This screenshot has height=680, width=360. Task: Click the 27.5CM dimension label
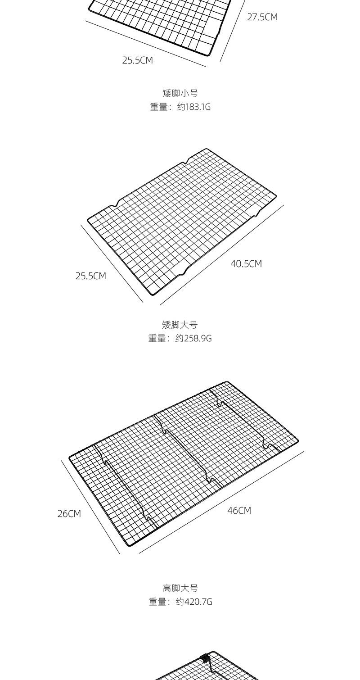pyautogui.click(x=262, y=18)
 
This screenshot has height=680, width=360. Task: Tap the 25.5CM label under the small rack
pyautogui.click(x=138, y=60)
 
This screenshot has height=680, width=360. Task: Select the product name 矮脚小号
pyautogui.click(x=180, y=93)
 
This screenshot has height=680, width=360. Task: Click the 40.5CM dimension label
pyautogui.click(x=246, y=264)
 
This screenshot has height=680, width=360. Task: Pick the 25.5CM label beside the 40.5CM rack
pyautogui.click(x=91, y=276)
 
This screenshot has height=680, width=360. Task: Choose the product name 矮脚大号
pyautogui.click(x=180, y=325)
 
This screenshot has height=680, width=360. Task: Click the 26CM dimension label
pyautogui.click(x=69, y=514)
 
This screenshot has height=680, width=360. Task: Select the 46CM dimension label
pyautogui.click(x=239, y=511)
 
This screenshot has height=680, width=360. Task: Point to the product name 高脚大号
pyautogui.click(x=180, y=588)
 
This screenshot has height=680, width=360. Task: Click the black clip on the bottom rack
pyautogui.click(x=206, y=658)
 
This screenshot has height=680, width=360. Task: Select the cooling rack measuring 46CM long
pyautogui.click(x=184, y=464)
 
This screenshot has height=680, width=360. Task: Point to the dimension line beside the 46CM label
pyautogui.click(x=221, y=502)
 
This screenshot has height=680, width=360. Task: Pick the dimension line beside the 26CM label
pyautogui.click(x=90, y=507)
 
